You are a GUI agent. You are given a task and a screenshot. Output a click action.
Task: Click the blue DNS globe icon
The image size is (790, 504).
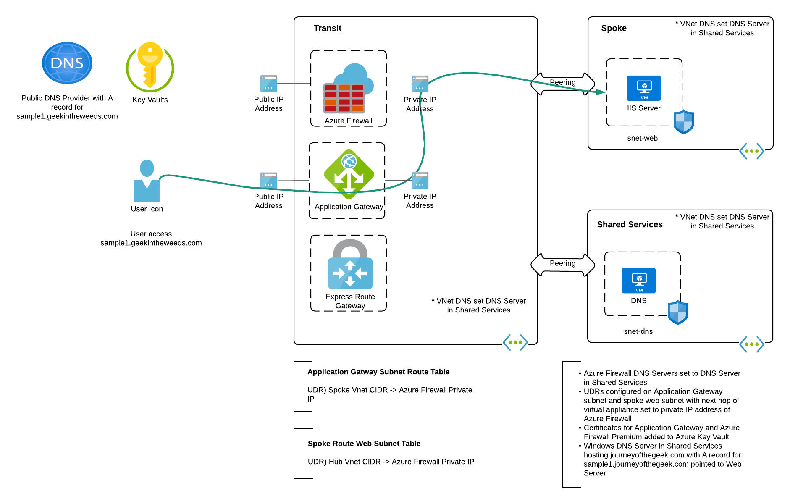(67, 63)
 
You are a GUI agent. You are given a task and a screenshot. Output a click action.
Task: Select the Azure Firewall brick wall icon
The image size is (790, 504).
(344, 97)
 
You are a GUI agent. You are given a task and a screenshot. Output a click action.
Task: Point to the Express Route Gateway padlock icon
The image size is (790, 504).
(350, 265)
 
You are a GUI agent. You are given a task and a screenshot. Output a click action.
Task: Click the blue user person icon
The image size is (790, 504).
(147, 181)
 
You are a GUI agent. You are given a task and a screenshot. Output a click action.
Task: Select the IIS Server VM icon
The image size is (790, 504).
(643, 88)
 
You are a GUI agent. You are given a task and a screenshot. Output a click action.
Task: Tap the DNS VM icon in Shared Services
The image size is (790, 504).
(638, 281)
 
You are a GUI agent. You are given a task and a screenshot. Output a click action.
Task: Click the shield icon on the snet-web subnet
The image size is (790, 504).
(683, 122)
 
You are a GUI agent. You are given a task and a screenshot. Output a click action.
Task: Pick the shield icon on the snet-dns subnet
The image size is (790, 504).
(677, 312)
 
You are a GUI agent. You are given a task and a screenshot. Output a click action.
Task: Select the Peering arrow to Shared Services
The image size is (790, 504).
(563, 264)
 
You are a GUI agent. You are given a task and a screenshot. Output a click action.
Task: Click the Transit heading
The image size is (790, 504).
(327, 28)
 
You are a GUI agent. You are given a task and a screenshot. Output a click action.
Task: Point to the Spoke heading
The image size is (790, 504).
(614, 28)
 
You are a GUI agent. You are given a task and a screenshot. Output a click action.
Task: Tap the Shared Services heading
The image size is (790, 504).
(630, 225)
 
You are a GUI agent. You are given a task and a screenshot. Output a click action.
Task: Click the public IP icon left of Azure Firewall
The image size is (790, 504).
(269, 84)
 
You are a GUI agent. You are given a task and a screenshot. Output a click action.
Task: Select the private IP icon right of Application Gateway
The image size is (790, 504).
(420, 181)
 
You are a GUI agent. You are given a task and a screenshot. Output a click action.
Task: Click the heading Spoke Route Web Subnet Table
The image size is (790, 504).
(364, 444)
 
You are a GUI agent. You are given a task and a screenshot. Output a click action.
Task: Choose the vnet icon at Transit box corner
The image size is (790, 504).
(515, 343)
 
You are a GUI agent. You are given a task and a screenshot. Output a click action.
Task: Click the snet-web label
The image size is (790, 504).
(642, 138)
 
